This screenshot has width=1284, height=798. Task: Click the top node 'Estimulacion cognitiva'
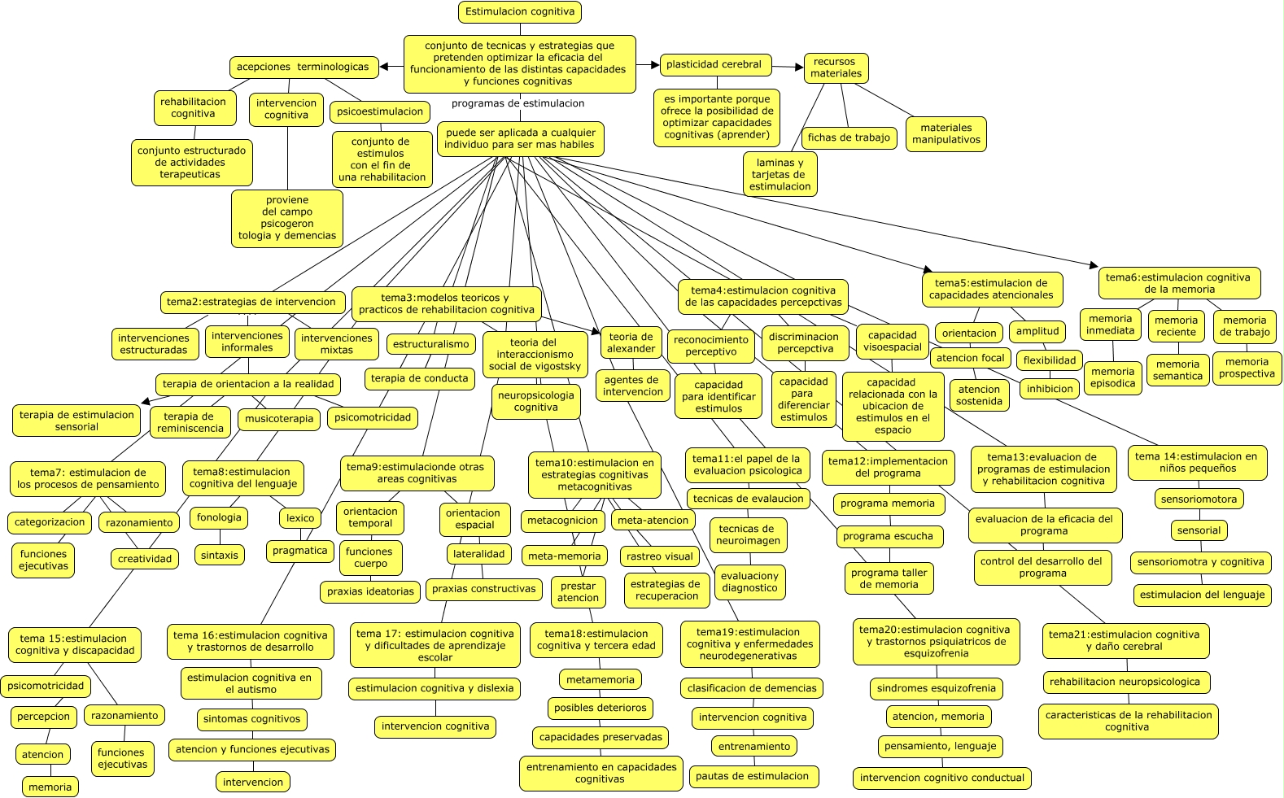[519, 12]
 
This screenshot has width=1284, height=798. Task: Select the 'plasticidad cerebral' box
[714, 65]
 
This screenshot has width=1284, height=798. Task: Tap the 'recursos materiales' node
[836, 68]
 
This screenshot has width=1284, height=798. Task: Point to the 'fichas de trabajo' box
[849, 138]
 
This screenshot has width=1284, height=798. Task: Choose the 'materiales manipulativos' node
[946, 134]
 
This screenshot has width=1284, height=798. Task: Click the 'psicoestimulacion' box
[380, 112]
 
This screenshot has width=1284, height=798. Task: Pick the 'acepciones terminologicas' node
[303, 68]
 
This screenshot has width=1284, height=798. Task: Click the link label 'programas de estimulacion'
[518, 103]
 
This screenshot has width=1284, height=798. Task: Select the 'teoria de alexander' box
[631, 342]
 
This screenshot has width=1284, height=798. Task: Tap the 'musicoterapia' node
[279, 420]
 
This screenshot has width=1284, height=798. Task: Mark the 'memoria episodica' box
[1112, 377]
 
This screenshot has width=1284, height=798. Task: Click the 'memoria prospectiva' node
[1247, 368]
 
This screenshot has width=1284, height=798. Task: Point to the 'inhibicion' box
[1050, 389]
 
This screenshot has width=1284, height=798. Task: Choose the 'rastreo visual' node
[660, 557]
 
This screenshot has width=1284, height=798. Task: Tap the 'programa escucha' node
[888, 537]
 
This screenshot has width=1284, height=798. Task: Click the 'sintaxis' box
[220, 556]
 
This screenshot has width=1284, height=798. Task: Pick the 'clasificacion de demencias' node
[752, 688]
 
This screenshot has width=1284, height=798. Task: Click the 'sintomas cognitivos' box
[252, 719]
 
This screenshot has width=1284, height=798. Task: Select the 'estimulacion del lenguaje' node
[1202, 595]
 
